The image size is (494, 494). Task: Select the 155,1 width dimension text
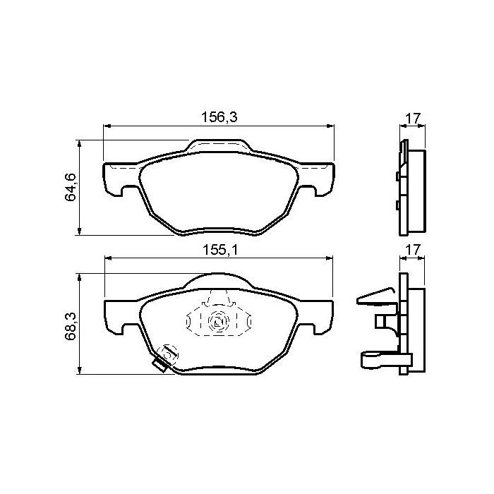point(219,249)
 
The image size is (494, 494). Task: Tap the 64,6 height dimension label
point(71,187)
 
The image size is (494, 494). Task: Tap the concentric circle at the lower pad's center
point(218,323)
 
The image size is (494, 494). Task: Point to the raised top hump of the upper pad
point(219,145)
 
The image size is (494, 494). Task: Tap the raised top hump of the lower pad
point(219,281)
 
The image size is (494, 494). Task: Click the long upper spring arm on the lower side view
point(374,296)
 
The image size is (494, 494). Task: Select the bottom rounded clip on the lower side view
point(375,361)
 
